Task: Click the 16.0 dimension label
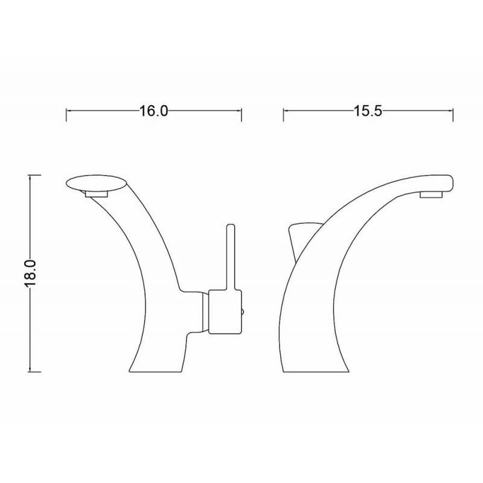(x=154, y=111)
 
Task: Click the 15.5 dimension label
(x=368, y=111)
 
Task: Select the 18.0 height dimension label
(x=30, y=273)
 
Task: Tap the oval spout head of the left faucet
(x=97, y=184)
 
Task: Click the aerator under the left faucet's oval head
(x=97, y=194)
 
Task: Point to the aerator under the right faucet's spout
(x=431, y=194)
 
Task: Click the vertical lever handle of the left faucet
(x=231, y=257)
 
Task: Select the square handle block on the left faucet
(x=225, y=312)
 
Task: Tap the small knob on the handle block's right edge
(x=243, y=312)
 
